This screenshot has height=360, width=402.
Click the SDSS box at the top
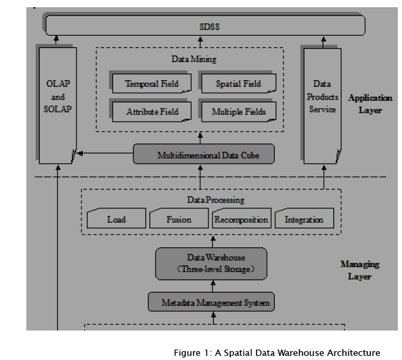pos(205,25)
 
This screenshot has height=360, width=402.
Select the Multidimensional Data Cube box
pos(203,154)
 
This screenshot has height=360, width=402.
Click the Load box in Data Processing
pos(116,219)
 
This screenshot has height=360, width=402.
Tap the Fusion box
pos(179,219)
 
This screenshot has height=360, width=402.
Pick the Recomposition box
pos(241,219)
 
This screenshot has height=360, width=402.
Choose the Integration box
pos(304,219)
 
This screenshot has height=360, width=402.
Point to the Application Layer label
pos(370,103)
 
